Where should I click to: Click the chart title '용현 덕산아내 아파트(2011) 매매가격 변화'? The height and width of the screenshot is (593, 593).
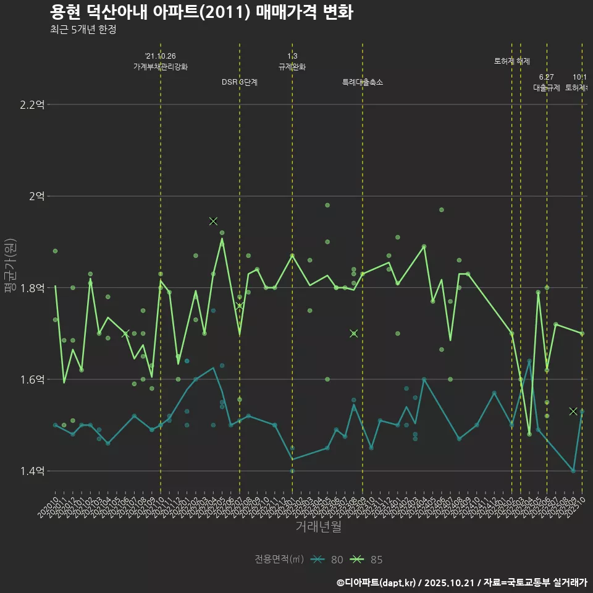(x=201, y=12)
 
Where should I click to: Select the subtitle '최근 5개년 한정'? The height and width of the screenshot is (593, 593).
(x=83, y=29)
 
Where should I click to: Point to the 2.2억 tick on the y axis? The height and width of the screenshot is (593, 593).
(x=32, y=104)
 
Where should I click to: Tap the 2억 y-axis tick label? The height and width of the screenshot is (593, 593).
(x=36, y=196)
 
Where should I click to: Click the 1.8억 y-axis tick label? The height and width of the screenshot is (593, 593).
(x=32, y=288)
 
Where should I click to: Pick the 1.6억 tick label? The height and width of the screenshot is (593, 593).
(x=32, y=379)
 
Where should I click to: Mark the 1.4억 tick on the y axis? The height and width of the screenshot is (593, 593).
(x=32, y=471)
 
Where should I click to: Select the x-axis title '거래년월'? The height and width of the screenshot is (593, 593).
(x=318, y=527)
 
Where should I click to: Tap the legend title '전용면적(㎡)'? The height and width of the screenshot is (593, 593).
(x=279, y=560)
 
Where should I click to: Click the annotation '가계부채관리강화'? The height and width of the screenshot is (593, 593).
(x=161, y=67)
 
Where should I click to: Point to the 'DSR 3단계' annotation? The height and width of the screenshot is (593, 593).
(x=240, y=82)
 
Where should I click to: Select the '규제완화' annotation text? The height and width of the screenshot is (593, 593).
(x=292, y=67)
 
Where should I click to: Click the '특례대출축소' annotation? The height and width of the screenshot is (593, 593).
(x=363, y=82)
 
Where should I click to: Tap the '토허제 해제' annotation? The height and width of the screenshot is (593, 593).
(x=512, y=61)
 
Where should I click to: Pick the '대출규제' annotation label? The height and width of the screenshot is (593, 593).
(x=547, y=88)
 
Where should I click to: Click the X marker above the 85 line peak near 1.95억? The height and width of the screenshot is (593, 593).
(x=213, y=221)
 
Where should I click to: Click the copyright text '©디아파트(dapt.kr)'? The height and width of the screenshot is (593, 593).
(x=376, y=582)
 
